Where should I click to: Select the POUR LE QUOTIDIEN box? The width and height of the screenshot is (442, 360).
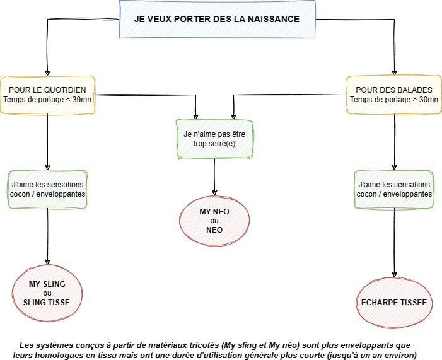48,95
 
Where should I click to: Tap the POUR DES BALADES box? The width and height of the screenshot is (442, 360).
394,95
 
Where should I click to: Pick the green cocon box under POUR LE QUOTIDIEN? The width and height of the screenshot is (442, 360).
48,189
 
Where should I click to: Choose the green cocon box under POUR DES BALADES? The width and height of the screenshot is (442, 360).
394,189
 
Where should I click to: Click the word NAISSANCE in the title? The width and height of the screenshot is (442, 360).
273,20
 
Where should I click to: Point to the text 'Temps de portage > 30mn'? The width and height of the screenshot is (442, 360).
393,100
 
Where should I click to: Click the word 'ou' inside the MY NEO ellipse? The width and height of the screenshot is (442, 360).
214,221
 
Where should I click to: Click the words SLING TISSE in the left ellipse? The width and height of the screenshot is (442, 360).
47,303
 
